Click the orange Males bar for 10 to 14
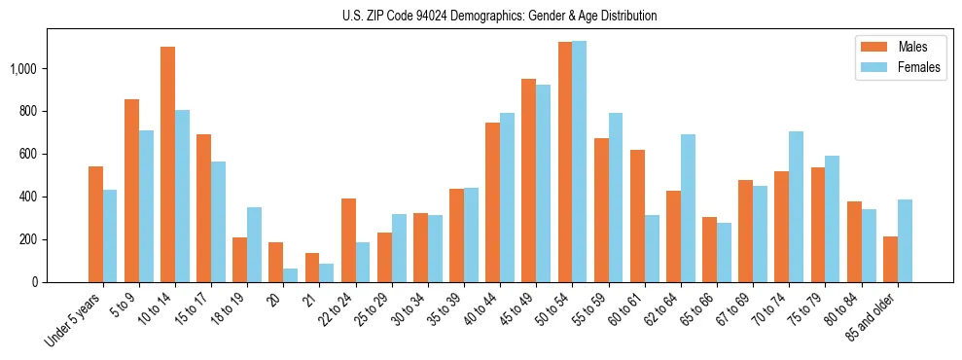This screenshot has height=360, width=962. click(167, 164)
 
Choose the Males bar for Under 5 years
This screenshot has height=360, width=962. click(95, 224)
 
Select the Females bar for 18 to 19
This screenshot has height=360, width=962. click(254, 244)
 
